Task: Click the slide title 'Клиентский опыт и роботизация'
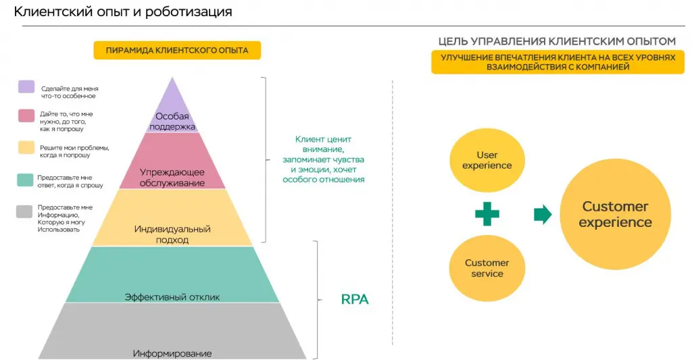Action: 123,12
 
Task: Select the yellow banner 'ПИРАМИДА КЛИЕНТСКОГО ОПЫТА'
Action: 176,51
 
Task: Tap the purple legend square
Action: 26,86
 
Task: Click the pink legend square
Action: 26,115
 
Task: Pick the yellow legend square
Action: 26,147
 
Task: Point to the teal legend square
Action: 26,180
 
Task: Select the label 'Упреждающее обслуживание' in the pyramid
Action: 172,177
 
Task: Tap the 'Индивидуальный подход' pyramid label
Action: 172,234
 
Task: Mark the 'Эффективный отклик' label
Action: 172,297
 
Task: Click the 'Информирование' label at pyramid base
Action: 172,353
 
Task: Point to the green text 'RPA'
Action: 355,299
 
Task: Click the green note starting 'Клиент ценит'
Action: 323,159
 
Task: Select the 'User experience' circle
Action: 487,160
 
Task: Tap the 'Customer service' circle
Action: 487,268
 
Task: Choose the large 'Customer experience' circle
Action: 615,214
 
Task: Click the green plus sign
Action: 487,214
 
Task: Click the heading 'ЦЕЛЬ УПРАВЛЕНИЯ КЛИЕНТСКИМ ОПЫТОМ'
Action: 557,41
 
